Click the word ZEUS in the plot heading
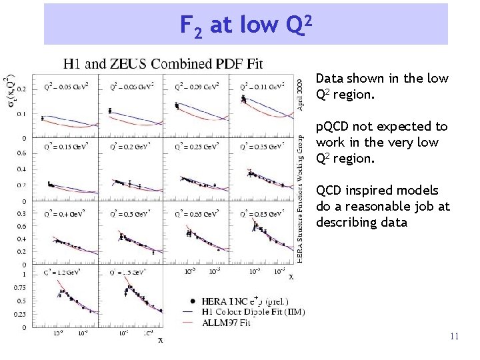[130, 64]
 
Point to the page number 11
[454, 337]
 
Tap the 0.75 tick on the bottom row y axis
[20, 288]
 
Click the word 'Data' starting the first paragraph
[329, 79]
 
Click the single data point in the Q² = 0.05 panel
[43, 118]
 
